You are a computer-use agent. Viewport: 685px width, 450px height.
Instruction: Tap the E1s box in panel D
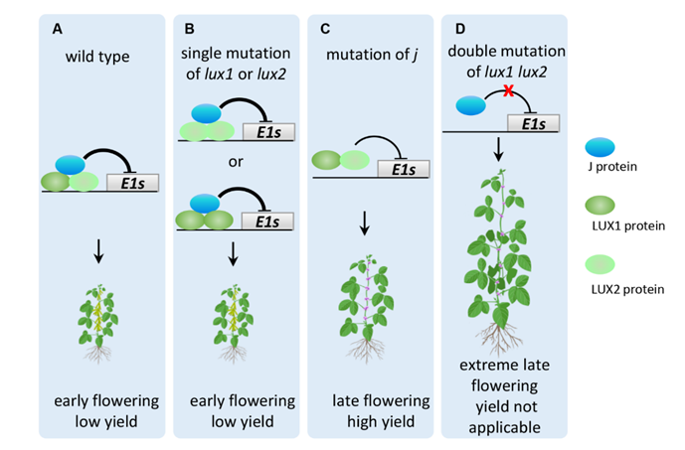point(533,122)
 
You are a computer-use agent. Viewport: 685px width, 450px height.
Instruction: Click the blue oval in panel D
point(471,102)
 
